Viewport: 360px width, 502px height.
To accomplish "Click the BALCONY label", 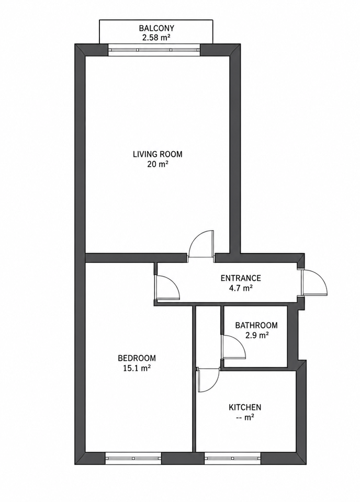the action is pos(156,28).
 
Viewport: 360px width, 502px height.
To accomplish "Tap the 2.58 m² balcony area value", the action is pos(156,38).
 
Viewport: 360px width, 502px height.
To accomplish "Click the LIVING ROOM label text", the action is pos(157,154).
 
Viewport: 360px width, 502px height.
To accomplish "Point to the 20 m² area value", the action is pos(157,165).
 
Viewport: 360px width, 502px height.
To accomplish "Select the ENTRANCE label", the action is pos(241,278).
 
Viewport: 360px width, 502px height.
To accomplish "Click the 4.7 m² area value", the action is pos(241,288).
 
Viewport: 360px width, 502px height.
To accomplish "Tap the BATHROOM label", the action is pos(256,325).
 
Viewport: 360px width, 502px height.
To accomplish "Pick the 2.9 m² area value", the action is pos(256,336).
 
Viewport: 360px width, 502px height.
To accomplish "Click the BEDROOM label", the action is pos(137,358).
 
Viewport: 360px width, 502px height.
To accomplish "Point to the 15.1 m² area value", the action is pos(137,368).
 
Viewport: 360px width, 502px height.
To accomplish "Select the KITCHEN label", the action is pos(245,407).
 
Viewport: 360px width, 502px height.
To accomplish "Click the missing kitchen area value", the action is pos(245,417).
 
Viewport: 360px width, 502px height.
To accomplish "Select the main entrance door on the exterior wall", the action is pos(314,282).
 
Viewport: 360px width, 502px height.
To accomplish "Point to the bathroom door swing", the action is pos(233,346).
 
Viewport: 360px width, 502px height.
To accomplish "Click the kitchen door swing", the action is pos(208,380).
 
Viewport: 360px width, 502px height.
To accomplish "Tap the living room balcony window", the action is pos(154,50).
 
